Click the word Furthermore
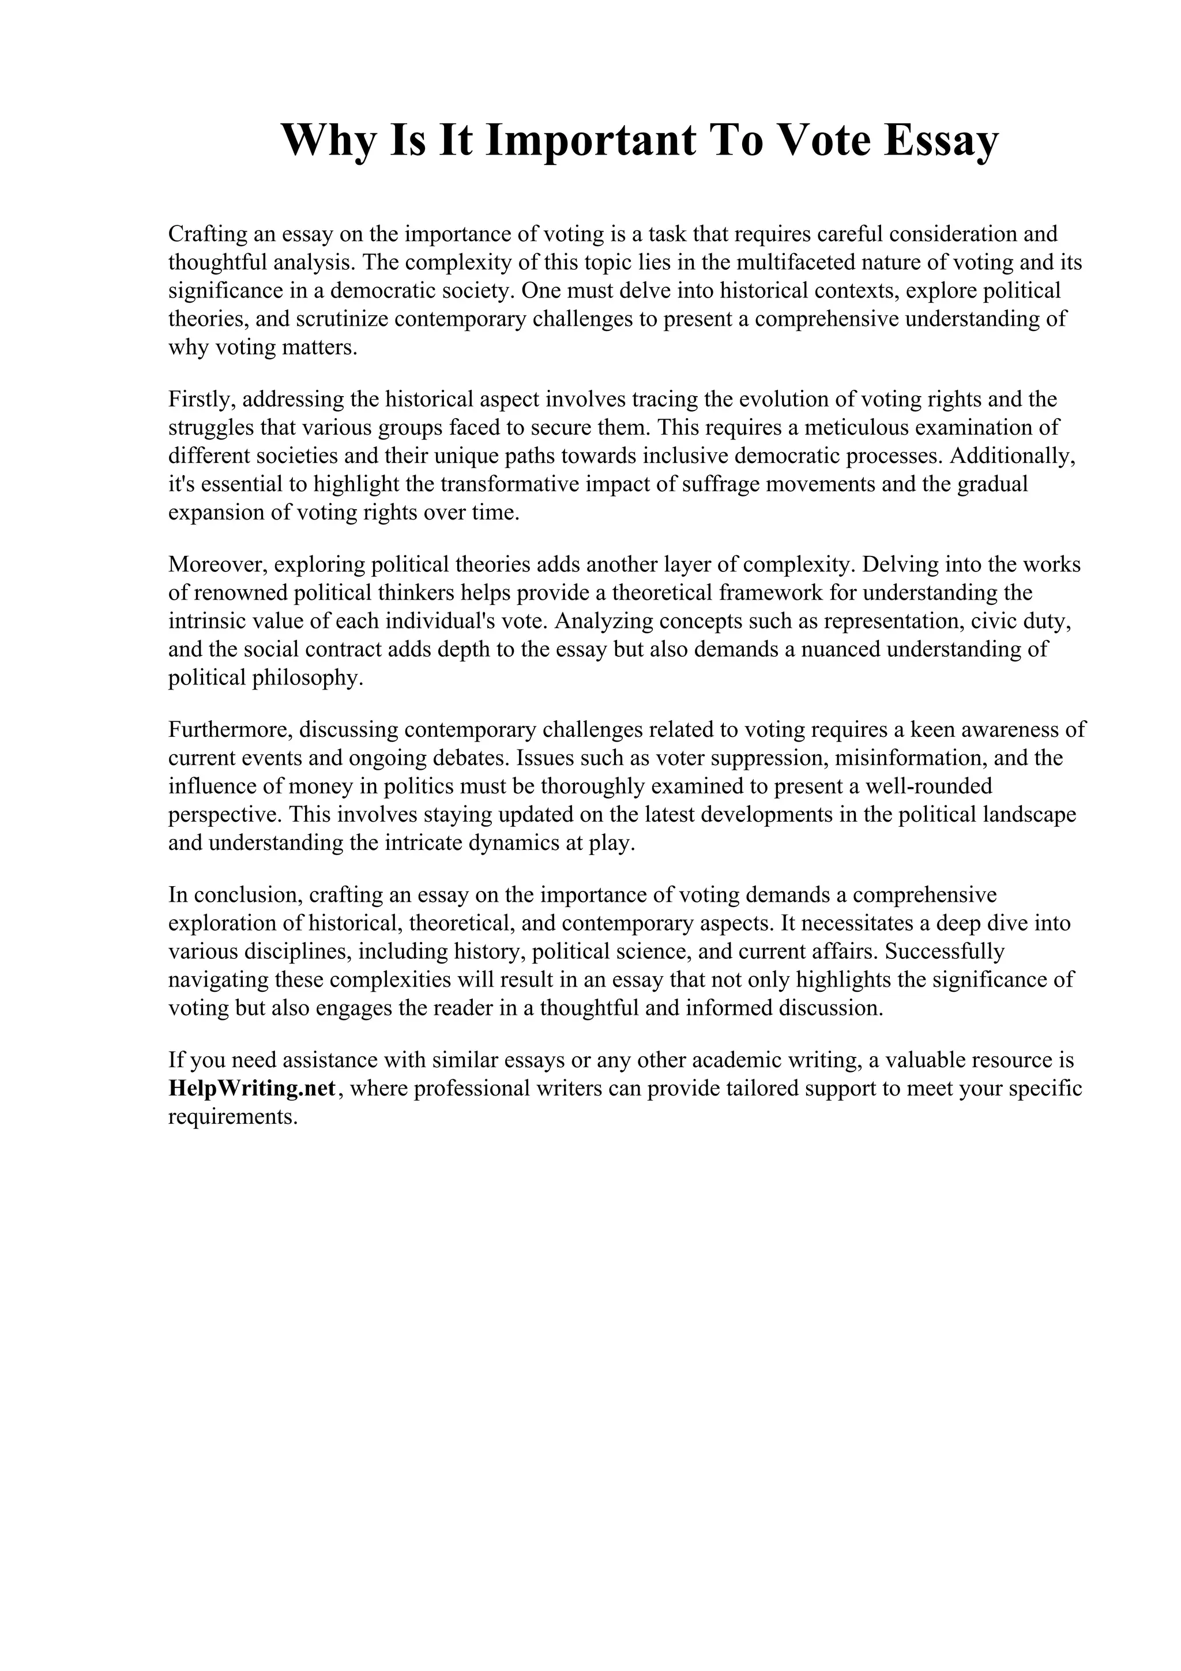[231, 729]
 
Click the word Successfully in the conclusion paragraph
[945, 951]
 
